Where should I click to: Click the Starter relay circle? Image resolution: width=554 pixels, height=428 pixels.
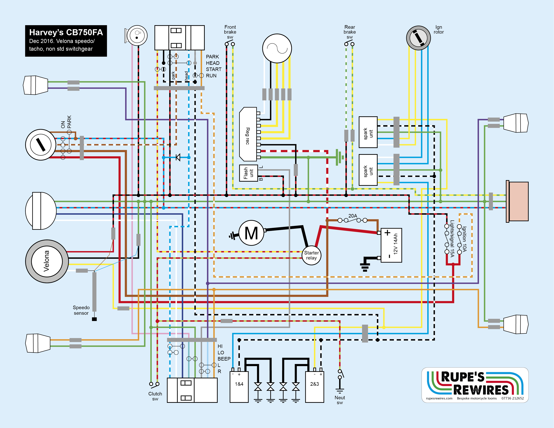pyautogui.click(x=311, y=255)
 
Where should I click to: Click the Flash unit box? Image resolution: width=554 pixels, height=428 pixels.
pyautogui.click(x=249, y=173)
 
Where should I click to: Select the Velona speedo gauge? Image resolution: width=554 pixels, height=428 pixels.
pyautogui.click(x=47, y=261)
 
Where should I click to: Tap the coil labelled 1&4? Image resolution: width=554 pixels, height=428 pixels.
pyautogui.click(x=239, y=387)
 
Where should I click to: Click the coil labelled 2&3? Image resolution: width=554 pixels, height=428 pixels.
pyautogui.click(x=315, y=387)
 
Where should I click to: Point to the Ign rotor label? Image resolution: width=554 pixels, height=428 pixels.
pyautogui.click(x=439, y=29)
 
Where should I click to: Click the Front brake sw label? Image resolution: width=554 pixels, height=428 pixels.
pyautogui.click(x=230, y=32)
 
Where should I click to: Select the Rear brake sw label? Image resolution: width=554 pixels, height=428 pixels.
pyautogui.click(x=350, y=32)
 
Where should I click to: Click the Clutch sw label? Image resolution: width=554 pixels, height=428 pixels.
pyautogui.click(x=155, y=396)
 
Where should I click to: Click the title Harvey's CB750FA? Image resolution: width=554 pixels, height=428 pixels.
pyautogui.click(x=66, y=32)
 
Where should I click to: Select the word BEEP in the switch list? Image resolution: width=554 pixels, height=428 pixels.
pyautogui.click(x=224, y=359)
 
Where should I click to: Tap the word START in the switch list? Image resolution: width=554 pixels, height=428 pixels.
pyautogui.click(x=214, y=69)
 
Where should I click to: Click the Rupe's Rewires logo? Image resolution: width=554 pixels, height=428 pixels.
pyautogui.click(x=475, y=385)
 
